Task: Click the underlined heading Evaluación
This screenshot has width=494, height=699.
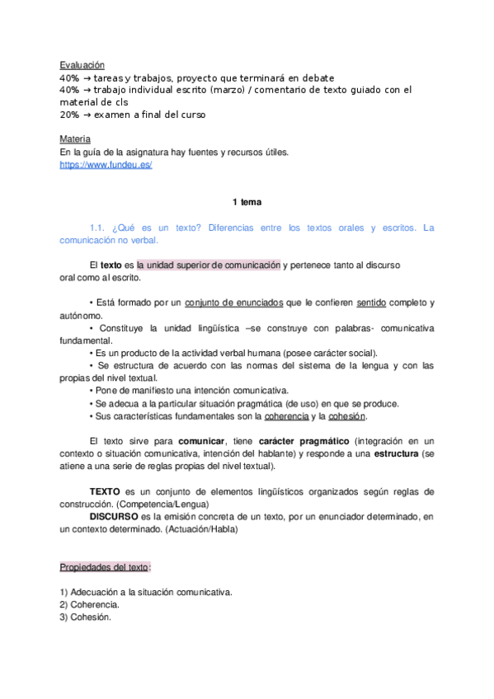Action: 82,65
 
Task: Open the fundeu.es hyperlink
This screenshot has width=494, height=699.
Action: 106,165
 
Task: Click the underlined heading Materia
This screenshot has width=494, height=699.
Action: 75,139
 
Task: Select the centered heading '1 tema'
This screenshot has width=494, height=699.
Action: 247,202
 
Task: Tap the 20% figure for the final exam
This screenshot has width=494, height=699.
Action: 69,115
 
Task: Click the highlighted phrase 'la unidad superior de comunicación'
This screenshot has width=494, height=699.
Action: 209,265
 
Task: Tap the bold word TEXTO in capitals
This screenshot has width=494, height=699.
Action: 105,492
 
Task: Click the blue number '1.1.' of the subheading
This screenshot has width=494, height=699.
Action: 100,228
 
